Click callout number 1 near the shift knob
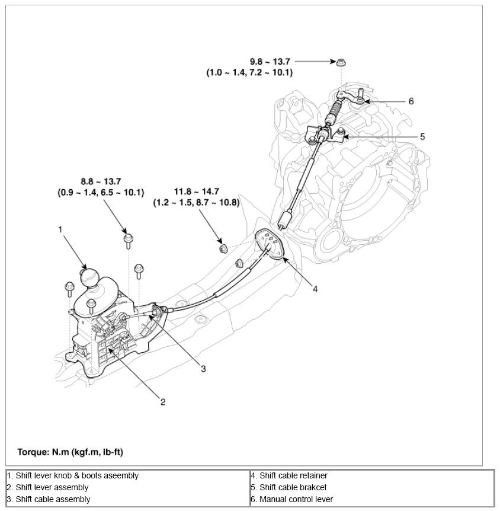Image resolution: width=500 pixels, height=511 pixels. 60,228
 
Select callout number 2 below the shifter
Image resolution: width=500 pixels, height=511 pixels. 163,403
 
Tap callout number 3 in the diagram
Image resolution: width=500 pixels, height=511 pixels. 203,369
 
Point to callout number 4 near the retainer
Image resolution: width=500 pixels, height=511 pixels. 315,289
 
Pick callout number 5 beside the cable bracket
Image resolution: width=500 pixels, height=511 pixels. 422,136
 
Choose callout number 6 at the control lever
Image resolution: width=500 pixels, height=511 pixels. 411,101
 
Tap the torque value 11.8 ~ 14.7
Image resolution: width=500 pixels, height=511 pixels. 195,191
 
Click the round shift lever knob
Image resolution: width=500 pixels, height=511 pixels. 88,277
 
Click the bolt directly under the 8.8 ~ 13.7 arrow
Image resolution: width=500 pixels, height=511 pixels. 128,239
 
